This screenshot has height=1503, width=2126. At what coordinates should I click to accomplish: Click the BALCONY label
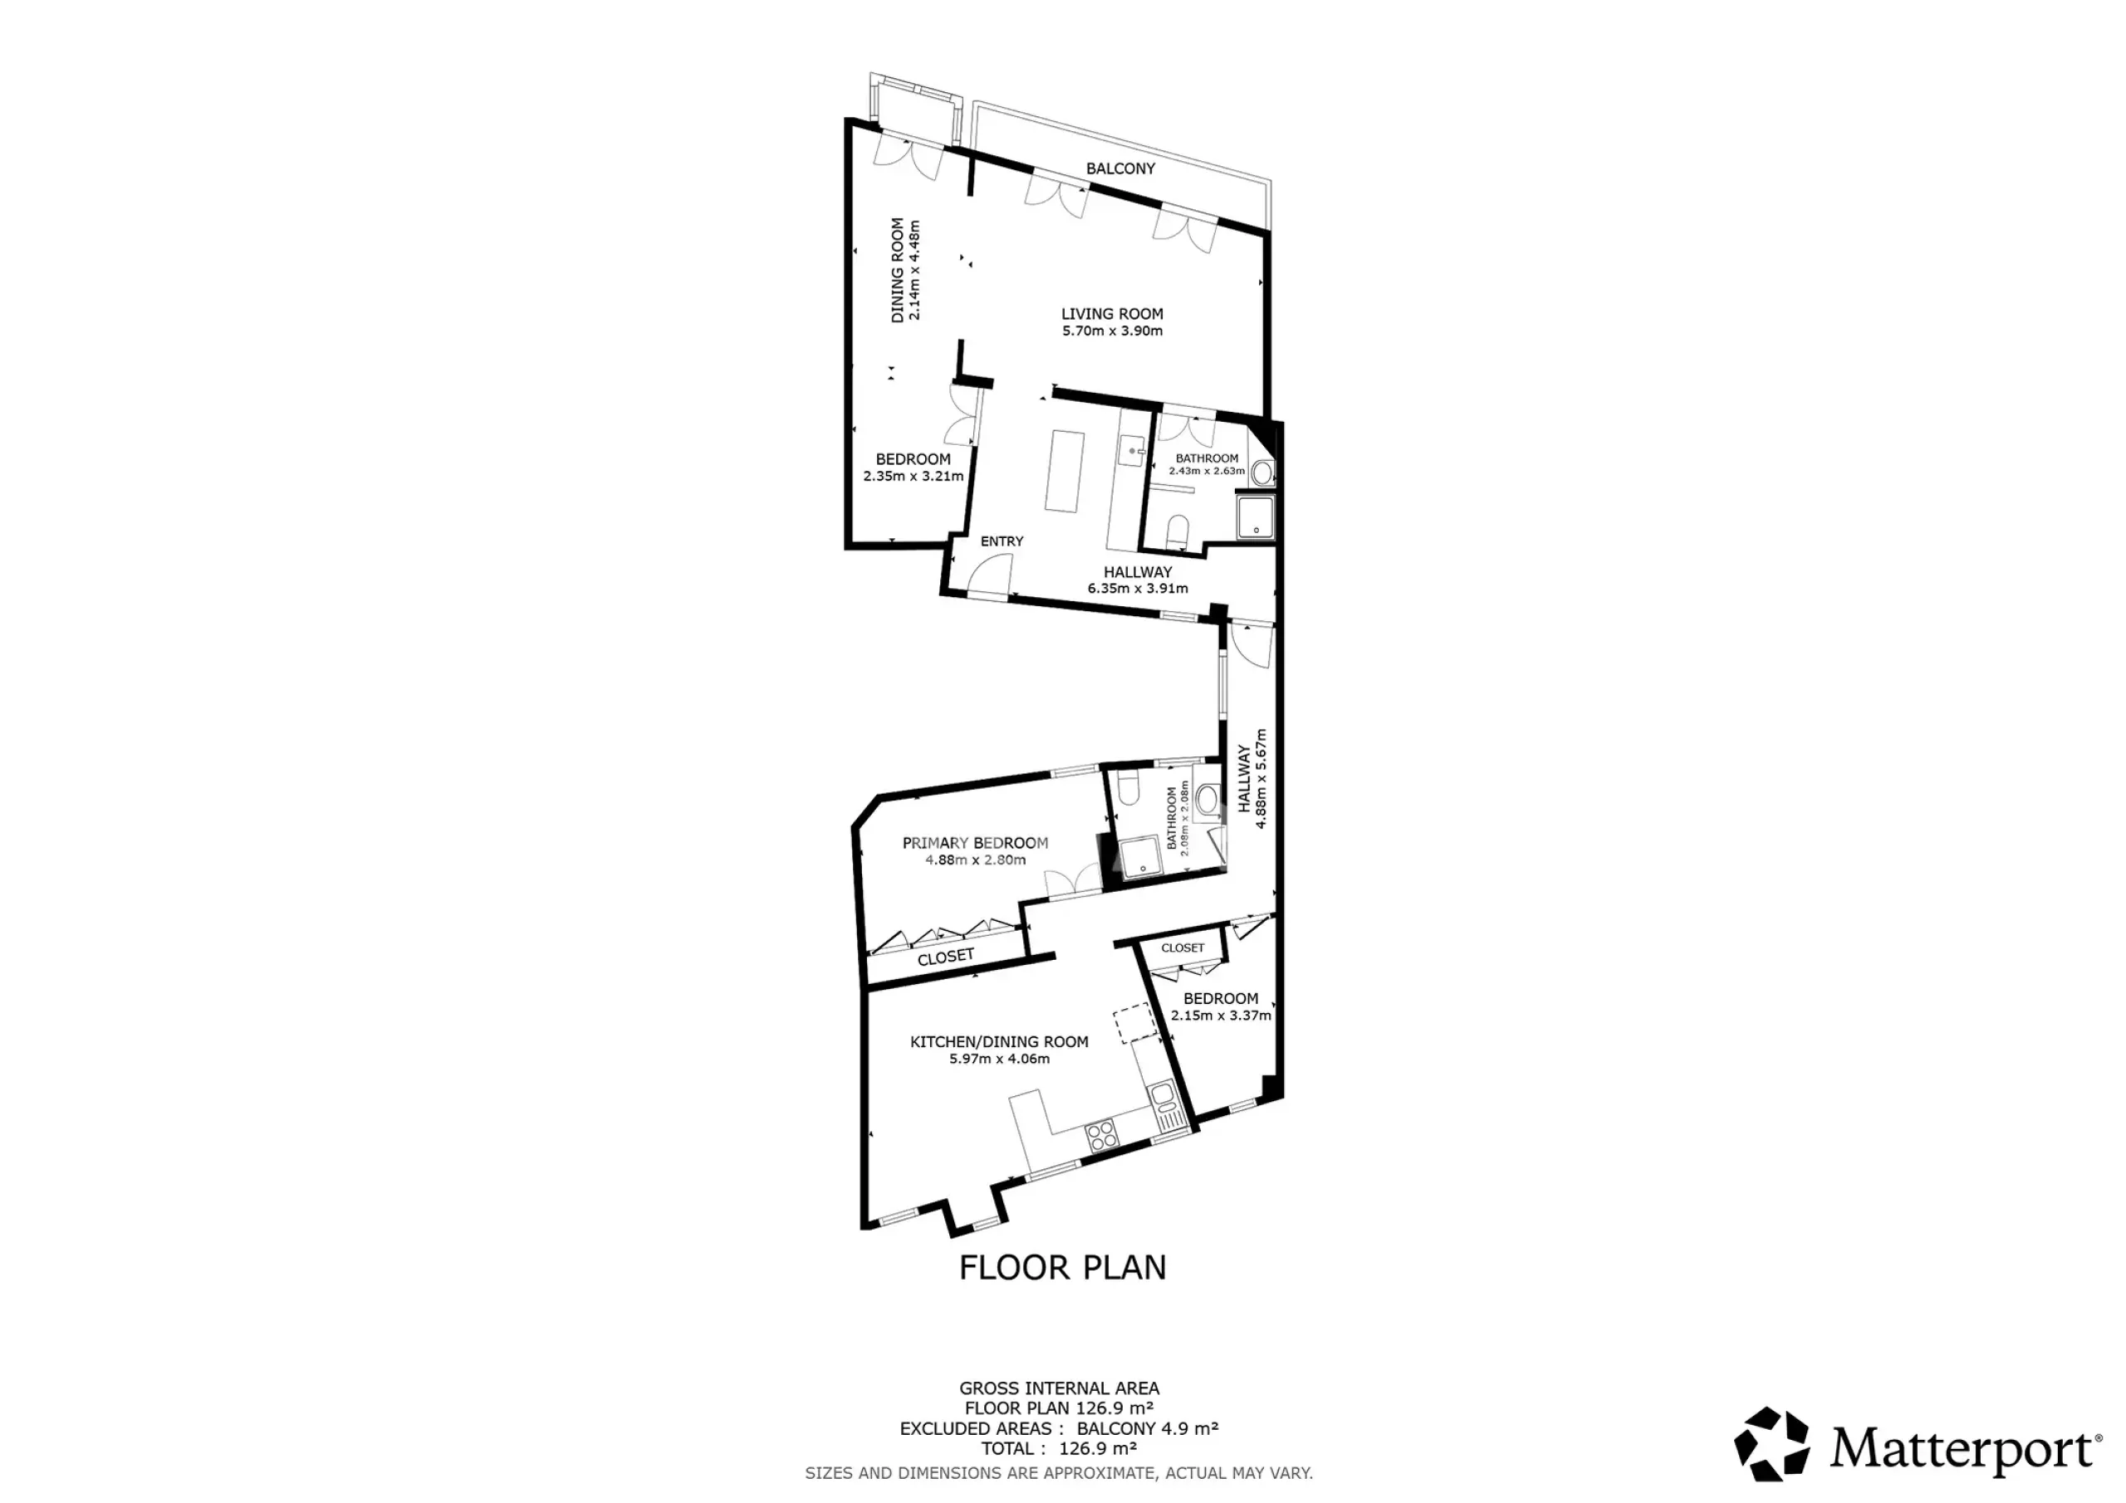coord(1120,169)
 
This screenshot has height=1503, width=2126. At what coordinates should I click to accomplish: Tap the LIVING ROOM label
coord(1112,314)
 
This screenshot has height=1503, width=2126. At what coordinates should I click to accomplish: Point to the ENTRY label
coord(1002,541)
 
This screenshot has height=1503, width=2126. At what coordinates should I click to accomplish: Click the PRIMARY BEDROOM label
coord(975,843)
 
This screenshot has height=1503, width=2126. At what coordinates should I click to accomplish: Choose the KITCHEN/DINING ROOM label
coord(999,1042)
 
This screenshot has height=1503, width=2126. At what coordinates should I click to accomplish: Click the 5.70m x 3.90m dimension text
coord(1112,330)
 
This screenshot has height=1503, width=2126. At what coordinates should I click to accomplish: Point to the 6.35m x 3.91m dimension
coord(1137,588)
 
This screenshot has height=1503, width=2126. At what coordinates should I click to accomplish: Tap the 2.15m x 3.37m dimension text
coord(1221,1015)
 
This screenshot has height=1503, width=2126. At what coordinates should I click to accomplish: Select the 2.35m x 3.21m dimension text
coord(913,476)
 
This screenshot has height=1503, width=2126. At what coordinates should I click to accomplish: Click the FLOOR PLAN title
coord(1063,1267)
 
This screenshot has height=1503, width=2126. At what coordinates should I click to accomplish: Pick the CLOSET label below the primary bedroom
coord(945,957)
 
